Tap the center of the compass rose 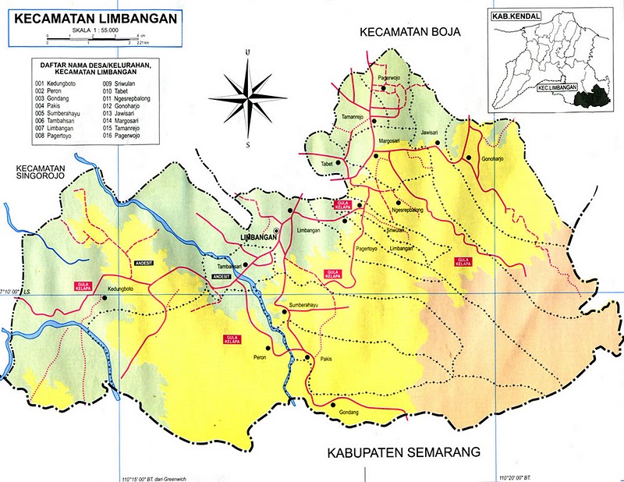[x=247, y=97]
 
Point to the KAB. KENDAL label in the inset [x=508, y=15]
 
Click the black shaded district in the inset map [x=590, y=97]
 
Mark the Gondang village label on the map [x=348, y=411]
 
